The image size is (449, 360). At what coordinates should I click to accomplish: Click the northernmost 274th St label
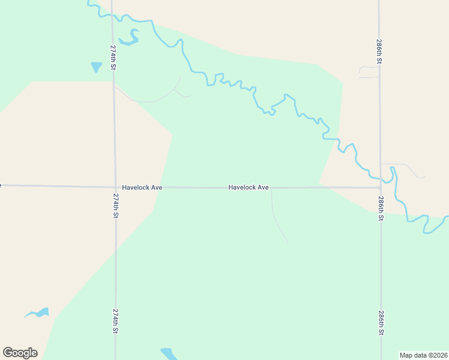click(113, 57)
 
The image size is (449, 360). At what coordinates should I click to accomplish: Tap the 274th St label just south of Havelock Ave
click(115, 205)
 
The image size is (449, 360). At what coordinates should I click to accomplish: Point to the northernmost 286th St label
click(379, 52)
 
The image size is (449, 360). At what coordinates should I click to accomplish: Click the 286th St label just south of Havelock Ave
click(381, 208)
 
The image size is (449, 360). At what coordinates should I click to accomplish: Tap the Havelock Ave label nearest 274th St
click(142, 187)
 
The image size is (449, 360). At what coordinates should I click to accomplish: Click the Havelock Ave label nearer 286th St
click(249, 187)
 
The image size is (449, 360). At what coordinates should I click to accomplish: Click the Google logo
click(20, 353)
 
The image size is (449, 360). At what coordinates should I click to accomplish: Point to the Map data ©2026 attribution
click(423, 355)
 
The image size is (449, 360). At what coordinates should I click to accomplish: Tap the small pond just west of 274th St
click(96, 67)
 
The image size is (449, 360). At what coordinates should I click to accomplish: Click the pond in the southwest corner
click(38, 313)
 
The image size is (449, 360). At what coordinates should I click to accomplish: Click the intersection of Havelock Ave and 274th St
click(115, 187)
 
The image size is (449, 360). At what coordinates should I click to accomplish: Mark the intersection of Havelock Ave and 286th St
click(380, 187)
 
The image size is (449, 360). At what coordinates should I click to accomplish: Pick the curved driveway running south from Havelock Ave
click(277, 219)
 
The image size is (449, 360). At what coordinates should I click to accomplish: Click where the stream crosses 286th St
click(381, 178)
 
